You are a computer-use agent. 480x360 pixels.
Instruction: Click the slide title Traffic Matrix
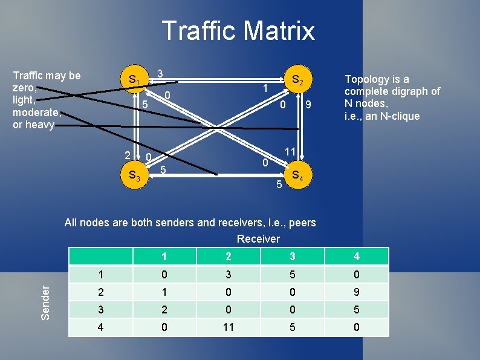click(x=238, y=30)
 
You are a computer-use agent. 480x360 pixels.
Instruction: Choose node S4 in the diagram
click(x=297, y=176)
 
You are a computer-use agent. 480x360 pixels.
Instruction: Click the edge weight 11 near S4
click(x=290, y=151)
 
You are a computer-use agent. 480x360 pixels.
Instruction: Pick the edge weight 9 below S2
click(x=308, y=105)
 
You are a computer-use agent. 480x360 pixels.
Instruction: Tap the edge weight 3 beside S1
click(x=160, y=74)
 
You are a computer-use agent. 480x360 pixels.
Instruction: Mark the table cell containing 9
click(x=356, y=292)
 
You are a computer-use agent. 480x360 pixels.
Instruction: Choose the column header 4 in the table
click(x=356, y=257)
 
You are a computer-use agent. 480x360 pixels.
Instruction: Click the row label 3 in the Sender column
click(x=100, y=309)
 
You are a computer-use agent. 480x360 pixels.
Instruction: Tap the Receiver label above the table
click(x=258, y=238)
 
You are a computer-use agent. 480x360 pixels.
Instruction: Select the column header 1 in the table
click(x=164, y=257)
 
